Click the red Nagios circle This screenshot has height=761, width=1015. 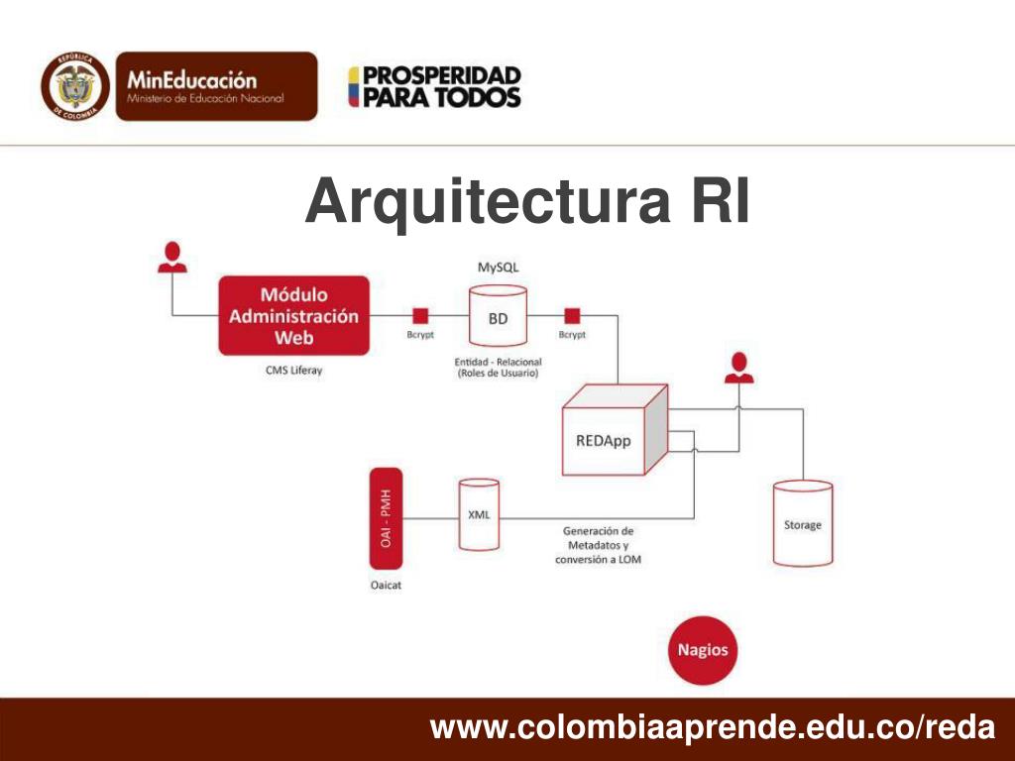[703, 651]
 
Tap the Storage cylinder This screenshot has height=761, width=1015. [802, 523]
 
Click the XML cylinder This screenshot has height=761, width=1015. [479, 514]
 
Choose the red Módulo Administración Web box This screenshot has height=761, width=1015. [293, 316]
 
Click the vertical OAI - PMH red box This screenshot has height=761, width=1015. [386, 518]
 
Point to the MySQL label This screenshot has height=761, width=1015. [498, 268]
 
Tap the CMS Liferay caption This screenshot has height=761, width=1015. [293, 371]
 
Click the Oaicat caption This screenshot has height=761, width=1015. [386, 585]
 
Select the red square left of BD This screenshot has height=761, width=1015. [420, 316]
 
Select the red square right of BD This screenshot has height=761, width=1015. [572, 316]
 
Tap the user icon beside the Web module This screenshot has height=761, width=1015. [173, 256]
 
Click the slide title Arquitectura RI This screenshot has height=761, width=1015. [527, 201]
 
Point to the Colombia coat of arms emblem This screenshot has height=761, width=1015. [75, 86]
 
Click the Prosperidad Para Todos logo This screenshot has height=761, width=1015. [434, 87]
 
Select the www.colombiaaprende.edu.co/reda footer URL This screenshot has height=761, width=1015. [712, 728]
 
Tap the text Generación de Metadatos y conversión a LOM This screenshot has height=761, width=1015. [597, 545]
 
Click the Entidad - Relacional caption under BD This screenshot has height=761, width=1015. [497, 368]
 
